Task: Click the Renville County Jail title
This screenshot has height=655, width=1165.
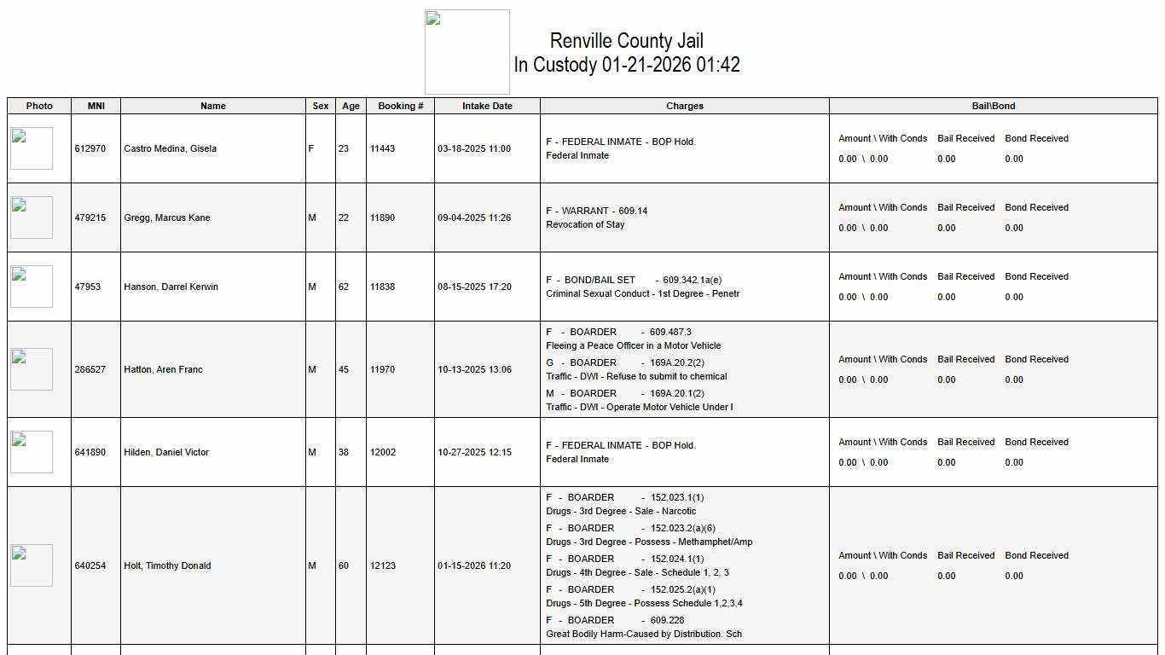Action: click(x=626, y=41)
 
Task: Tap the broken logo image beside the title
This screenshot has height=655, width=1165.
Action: click(x=467, y=52)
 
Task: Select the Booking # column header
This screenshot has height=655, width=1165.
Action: click(x=401, y=106)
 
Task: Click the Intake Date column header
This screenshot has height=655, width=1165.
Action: click(x=487, y=106)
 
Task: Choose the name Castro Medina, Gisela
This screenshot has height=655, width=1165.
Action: click(x=170, y=148)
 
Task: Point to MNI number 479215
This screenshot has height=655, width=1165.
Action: click(x=90, y=217)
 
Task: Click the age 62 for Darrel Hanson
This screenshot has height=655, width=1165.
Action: click(x=344, y=287)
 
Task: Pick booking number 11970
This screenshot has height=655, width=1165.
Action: click(x=382, y=369)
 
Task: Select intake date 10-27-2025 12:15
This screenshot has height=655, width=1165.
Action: click(x=474, y=452)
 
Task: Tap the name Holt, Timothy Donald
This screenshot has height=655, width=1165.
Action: click(x=167, y=565)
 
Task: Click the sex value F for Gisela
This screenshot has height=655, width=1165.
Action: click(x=311, y=148)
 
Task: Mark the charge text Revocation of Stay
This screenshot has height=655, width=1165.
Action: click(x=585, y=224)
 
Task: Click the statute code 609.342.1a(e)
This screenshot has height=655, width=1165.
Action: click(x=692, y=280)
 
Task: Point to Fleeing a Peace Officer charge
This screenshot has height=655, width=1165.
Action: click(x=633, y=345)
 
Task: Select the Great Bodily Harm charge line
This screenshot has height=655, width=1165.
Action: click(x=643, y=634)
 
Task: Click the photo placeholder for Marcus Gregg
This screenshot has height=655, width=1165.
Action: click(x=32, y=217)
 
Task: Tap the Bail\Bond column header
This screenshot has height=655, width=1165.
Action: click(x=994, y=106)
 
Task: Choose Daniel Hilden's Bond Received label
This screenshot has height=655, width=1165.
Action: click(x=1036, y=442)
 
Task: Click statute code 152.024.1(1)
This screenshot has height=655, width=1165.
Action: click(x=677, y=559)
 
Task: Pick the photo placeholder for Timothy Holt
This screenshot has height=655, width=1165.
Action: click(x=32, y=565)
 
